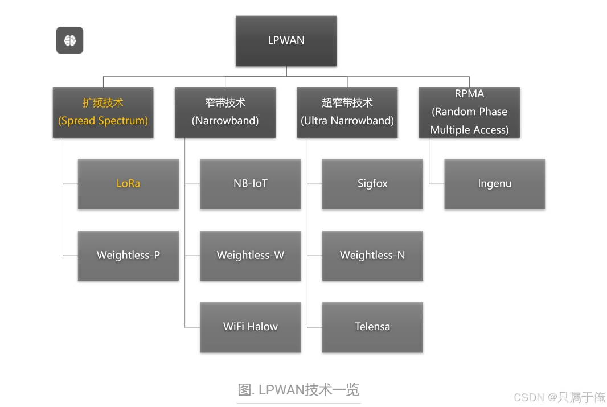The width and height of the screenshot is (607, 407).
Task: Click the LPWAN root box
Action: tap(286, 40)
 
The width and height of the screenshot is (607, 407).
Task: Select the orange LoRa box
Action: tap(128, 184)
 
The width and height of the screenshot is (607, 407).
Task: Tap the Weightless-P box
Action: tap(128, 255)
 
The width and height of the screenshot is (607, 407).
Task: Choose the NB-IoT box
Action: tap(250, 184)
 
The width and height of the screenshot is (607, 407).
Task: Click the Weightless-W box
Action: tap(250, 255)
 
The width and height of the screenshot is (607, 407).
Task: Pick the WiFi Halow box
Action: tap(250, 327)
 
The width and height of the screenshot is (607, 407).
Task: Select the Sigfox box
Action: tap(372, 184)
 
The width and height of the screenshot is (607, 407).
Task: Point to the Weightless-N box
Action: tap(372, 255)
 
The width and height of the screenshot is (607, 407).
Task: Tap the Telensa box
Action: tap(372, 327)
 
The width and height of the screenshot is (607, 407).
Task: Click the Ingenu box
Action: tap(494, 184)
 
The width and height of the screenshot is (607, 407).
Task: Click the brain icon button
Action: tap(69, 40)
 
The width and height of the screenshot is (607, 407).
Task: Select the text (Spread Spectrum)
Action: tap(103, 121)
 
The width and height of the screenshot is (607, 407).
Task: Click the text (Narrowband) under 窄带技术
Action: tap(225, 121)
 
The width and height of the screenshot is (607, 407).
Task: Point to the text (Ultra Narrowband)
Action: tap(347, 121)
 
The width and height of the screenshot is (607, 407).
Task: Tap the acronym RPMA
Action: tap(469, 94)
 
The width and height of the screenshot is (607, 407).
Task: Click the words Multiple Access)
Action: tap(469, 130)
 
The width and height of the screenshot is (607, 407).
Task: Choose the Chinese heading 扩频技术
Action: tap(103, 103)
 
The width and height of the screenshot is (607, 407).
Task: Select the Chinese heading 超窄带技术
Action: tap(347, 103)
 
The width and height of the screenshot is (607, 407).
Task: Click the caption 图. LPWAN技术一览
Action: tap(298, 390)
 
